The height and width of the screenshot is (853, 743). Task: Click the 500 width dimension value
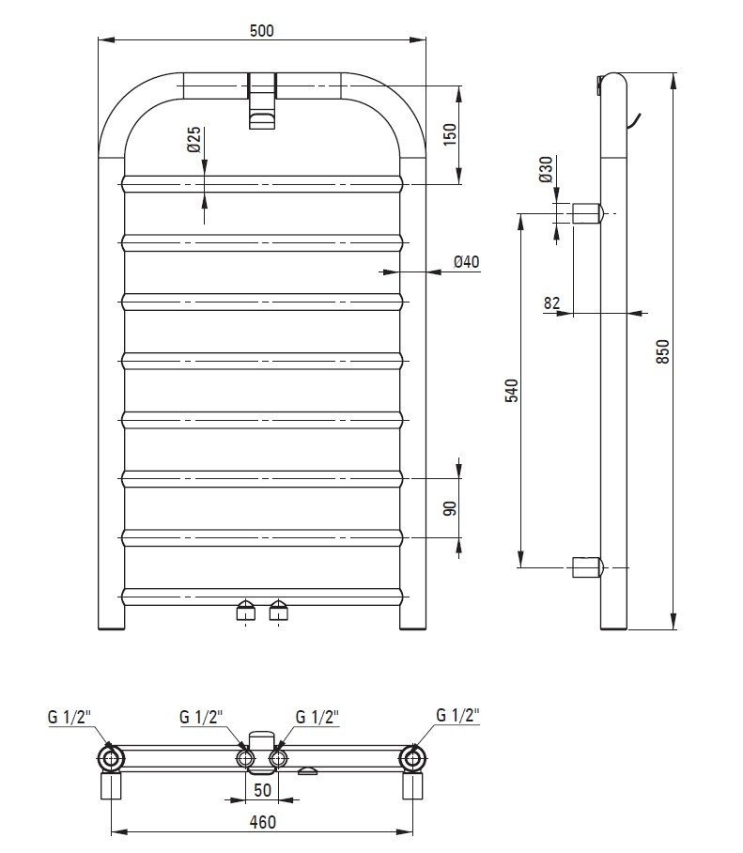[x=262, y=31]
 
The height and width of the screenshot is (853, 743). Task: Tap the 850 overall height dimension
[x=663, y=351]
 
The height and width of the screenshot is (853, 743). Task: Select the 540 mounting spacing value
[x=512, y=391]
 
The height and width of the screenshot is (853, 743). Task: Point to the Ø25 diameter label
[x=194, y=140]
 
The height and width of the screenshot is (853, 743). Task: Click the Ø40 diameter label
[x=467, y=262]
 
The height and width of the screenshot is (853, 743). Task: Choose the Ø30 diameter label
[x=546, y=169]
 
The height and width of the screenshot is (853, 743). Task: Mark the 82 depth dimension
[x=551, y=303]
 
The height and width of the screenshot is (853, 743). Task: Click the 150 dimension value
[x=450, y=134]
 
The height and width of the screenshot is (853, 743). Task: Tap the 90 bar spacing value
[x=450, y=508]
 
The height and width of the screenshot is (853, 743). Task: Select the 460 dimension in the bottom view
[x=262, y=821]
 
